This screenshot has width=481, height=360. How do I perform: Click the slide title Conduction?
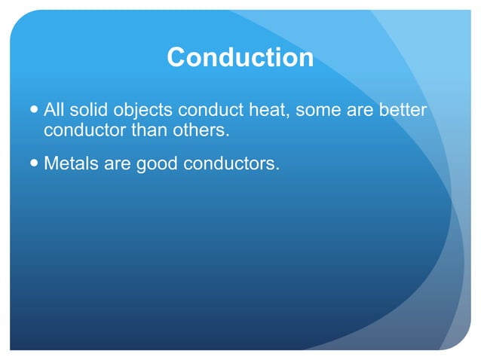tap(240, 58)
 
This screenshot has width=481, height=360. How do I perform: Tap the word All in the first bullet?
tap(54, 111)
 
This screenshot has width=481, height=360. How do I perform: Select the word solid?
tap(89, 111)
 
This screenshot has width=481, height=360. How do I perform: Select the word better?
tap(403, 111)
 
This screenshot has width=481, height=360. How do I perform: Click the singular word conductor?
tap(84, 130)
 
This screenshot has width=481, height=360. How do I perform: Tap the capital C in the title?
tap(176, 58)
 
